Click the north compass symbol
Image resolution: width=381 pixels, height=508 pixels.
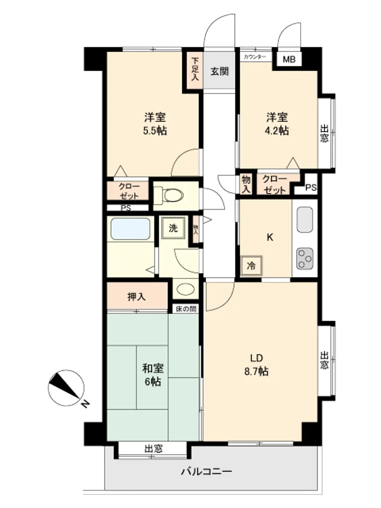(x=67, y=389)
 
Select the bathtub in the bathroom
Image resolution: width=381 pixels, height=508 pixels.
(x=131, y=229)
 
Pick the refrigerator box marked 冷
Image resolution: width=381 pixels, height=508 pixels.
(x=251, y=266)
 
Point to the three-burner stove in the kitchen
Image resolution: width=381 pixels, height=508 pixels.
(x=305, y=259)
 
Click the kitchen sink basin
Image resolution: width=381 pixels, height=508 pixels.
(x=305, y=219)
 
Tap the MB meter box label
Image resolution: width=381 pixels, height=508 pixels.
(x=289, y=59)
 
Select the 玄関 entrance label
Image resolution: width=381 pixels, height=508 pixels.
(x=219, y=71)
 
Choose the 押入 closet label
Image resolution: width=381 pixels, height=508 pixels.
(x=137, y=297)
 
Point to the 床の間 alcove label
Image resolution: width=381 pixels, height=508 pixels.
(x=186, y=309)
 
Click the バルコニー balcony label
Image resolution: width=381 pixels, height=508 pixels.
(x=206, y=471)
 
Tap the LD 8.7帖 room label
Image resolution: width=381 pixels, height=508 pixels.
(x=256, y=365)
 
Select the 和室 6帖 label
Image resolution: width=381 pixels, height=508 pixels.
(x=153, y=375)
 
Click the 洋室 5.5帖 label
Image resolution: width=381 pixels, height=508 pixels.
(x=155, y=124)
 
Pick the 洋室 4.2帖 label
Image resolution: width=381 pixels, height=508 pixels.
(x=277, y=124)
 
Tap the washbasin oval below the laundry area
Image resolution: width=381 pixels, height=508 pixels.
(x=185, y=289)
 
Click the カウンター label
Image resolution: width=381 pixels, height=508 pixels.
(x=255, y=57)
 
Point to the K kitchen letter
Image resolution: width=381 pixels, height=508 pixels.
(x=270, y=237)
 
